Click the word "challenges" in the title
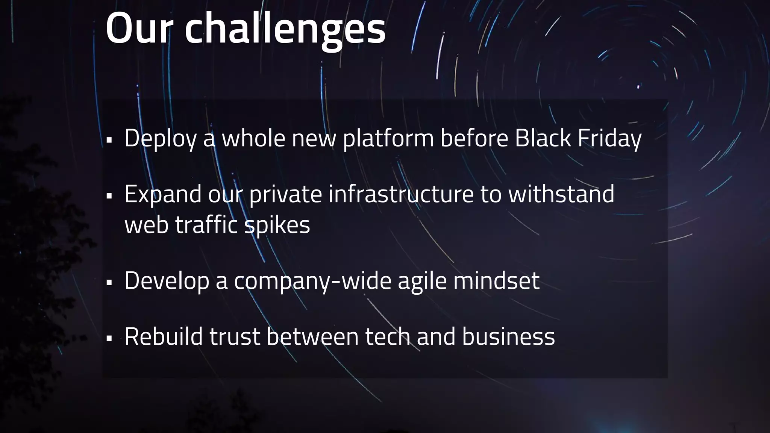[285, 29]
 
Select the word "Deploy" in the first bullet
[161, 138]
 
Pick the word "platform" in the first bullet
[388, 138]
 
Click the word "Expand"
[163, 195]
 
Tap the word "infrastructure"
[401, 194]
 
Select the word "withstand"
[561, 194]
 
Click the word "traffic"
[206, 225]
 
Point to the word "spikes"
[277, 226]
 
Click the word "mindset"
[496, 280]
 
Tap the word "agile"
[422, 281]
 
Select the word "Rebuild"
[164, 336]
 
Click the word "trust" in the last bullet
[235, 336]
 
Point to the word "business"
[508, 336]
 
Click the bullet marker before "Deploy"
[109, 140]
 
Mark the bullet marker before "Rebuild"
[109, 338]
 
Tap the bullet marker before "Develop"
[109, 283]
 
